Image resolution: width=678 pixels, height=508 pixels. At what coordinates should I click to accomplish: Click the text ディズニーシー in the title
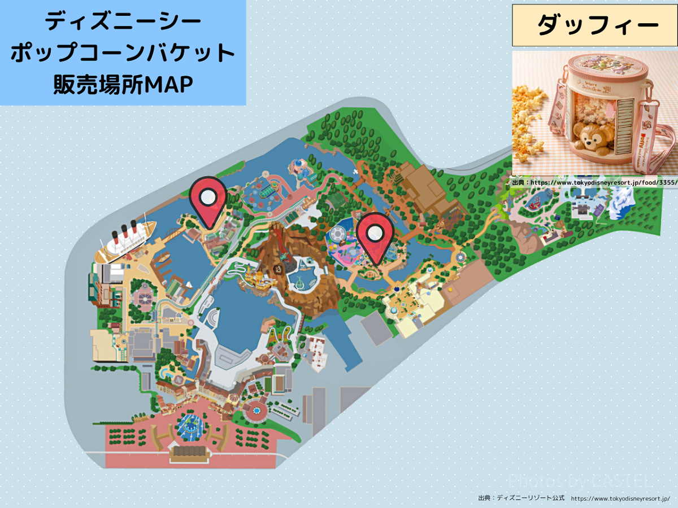click(123, 22)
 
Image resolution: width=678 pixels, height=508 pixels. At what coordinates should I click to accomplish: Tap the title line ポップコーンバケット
click(123, 53)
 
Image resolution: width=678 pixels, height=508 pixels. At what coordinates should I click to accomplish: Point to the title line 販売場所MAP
click(123, 84)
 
